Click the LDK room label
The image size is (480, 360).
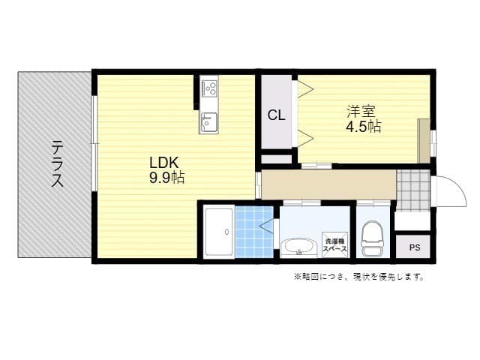(x=163, y=162)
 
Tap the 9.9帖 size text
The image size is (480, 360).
(x=167, y=178)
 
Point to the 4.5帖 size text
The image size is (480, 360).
(x=363, y=126)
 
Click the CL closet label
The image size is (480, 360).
(x=276, y=115)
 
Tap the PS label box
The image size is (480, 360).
(x=414, y=246)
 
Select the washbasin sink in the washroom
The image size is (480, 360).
(x=298, y=245)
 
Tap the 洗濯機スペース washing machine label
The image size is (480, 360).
(x=334, y=245)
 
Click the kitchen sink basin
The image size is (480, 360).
(x=208, y=121)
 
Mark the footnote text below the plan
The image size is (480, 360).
(x=358, y=277)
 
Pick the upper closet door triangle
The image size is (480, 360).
(x=304, y=89)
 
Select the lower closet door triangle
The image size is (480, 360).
(x=304, y=137)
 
